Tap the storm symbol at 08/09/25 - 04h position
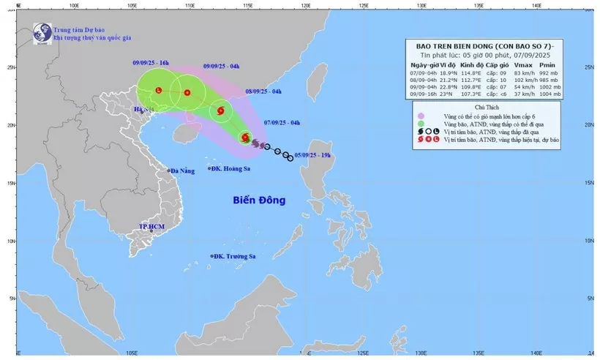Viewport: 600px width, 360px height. click(220, 111)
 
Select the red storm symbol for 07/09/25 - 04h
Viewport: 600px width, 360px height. click(244, 137)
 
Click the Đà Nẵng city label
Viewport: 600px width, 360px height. click(183, 171)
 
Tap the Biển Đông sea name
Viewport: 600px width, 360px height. click(259, 200)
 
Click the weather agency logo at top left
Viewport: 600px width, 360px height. click(42, 33)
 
